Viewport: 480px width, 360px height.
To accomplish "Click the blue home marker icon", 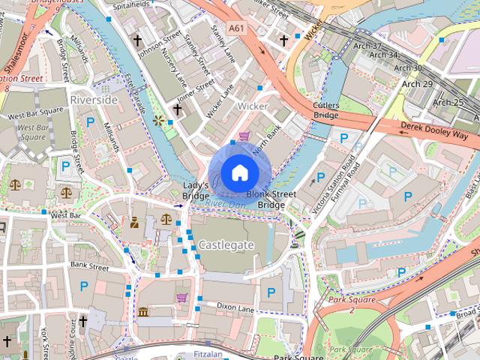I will click(x=239, y=173).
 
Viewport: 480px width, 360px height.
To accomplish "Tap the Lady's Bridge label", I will click(x=196, y=190).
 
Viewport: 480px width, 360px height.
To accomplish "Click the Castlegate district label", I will click(x=226, y=245).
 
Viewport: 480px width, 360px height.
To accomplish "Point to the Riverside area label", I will click(x=94, y=100).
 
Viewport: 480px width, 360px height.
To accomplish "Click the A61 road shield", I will click(x=237, y=28).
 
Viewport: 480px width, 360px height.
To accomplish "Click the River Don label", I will click(x=225, y=204).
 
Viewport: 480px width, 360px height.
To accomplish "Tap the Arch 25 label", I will click(x=447, y=103).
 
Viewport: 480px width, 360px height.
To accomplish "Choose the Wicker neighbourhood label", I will click(x=252, y=106).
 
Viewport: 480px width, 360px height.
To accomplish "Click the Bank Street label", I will click(x=89, y=266).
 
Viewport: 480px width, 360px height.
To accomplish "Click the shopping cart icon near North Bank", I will click(x=244, y=136).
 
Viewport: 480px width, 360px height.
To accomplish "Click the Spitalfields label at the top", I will click(x=127, y=4).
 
